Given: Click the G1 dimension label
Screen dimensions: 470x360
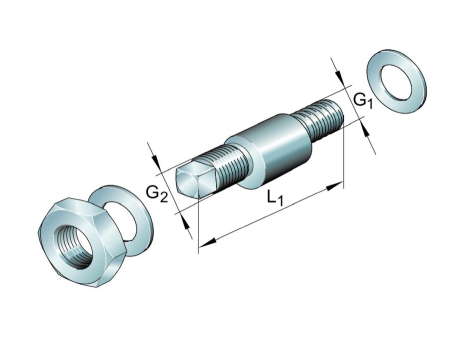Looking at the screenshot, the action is pyautogui.click(x=362, y=100).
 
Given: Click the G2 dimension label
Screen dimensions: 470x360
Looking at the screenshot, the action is pyautogui.click(x=157, y=194).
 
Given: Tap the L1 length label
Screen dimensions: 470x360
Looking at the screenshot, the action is pyautogui.click(x=275, y=198).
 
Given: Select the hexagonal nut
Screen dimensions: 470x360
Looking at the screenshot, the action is pyautogui.click(x=82, y=243).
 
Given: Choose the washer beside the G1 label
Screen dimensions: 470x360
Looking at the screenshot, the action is pyautogui.click(x=396, y=82).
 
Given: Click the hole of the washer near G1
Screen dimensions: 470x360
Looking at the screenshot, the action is pyautogui.click(x=397, y=82).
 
